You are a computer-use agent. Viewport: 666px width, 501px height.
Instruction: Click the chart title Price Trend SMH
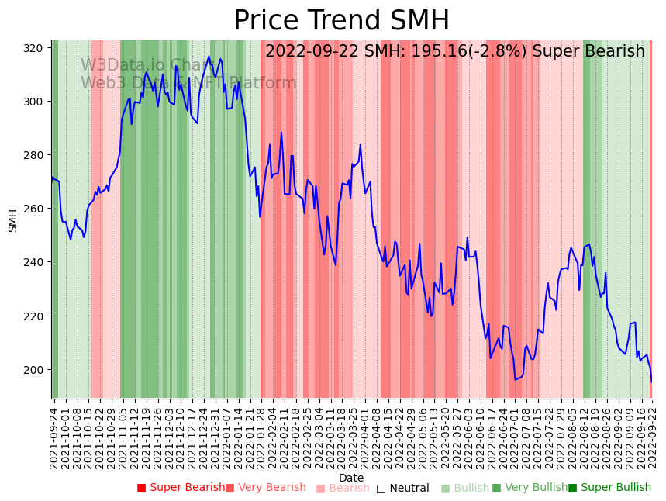coord(341,20)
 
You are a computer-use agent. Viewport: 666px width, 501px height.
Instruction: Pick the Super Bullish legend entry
coord(609,488)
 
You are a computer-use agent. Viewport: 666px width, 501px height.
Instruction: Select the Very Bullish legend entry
coord(530,488)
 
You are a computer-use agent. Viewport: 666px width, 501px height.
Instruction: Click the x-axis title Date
coord(350,478)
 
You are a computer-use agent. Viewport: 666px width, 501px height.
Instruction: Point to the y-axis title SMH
coord(13,220)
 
